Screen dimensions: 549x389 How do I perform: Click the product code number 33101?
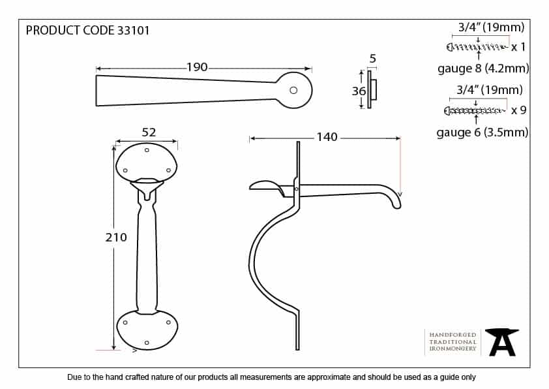pyautogui.click(x=134, y=31)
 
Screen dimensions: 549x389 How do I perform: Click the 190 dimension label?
pyautogui.click(x=197, y=67)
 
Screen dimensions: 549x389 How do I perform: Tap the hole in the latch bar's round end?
pyautogui.click(x=293, y=91)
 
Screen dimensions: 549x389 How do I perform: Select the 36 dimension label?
pyautogui.click(x=359, y=91)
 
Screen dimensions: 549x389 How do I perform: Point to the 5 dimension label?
pyautogui.click(x=372, y=59)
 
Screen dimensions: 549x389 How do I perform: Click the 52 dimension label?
pyautogui.click(x=149, y=132)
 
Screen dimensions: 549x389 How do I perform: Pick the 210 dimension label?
pyautogui.click(x=116, y=238)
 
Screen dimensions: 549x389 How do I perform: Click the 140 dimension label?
pyautogui.click(x=327, y=136)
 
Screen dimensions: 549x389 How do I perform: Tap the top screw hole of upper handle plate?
pyautogui.click(x=147, y=150)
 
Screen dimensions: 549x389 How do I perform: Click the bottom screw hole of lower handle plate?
pyautogui.click(x=147, y=343)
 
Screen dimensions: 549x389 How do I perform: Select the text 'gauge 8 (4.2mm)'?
pyautogui.click(x=483, y=69)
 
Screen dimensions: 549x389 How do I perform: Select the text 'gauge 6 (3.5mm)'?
pyautogui.click(x=482, y=132)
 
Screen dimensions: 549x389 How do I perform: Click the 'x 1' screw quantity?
pyautogui.click(x=518, y=46)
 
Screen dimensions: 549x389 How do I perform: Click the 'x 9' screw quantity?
pyautogui.click(x=518, y=110)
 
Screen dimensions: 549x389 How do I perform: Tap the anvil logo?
pyautogui.click(x=502, y=342)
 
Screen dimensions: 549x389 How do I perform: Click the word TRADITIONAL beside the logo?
pyautogui.click(x=453, y=342)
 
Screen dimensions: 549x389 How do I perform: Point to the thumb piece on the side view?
pyautogui.click(x=267, y=187)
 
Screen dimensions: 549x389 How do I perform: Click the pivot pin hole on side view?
pyautogui.click(x=297, y=189)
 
